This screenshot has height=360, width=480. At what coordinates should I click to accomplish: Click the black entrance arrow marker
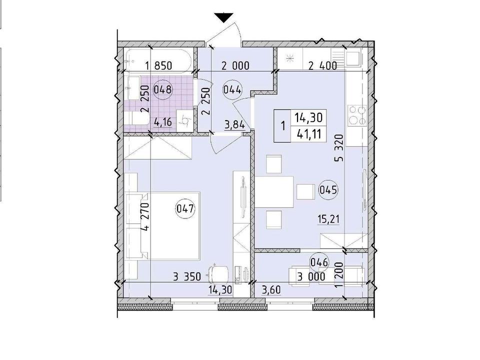223,18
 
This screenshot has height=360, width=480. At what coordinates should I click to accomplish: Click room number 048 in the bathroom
163,90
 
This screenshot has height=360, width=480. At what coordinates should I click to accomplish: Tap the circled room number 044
232,90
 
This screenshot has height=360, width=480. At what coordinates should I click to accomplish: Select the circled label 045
328,190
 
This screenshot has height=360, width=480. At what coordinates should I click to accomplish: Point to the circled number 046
319,262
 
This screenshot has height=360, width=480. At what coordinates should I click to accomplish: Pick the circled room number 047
185,209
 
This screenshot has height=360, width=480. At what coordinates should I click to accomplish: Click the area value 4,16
163,123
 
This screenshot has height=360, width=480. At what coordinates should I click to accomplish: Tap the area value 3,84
235,125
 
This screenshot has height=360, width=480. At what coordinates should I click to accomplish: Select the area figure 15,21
328,219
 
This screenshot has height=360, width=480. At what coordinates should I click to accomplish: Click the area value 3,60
271,289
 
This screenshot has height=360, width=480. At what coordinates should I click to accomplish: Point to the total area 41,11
309,134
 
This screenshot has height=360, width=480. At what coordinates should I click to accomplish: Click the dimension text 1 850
159,65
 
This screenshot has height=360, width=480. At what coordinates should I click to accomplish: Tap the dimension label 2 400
322,65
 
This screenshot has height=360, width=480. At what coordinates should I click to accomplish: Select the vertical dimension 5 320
340,148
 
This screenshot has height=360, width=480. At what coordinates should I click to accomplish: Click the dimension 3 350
187,277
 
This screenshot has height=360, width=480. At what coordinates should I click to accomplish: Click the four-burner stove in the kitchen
357,115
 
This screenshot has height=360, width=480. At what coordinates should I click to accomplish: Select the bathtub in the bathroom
159,60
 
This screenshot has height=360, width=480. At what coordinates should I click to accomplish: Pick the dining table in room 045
274,192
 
